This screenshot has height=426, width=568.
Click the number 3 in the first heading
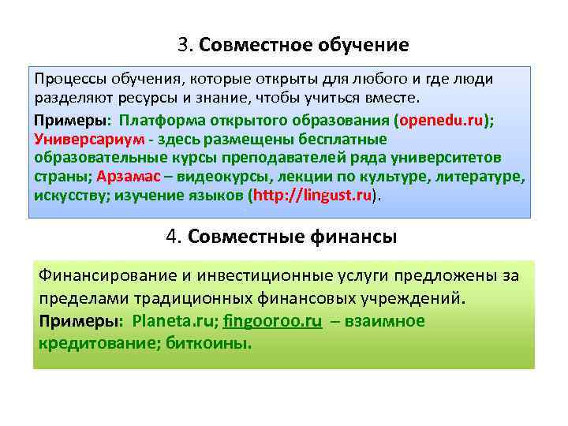183,45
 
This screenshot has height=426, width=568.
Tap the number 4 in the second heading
173,237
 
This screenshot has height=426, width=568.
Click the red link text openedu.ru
441,120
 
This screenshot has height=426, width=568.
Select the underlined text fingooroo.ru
272,321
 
